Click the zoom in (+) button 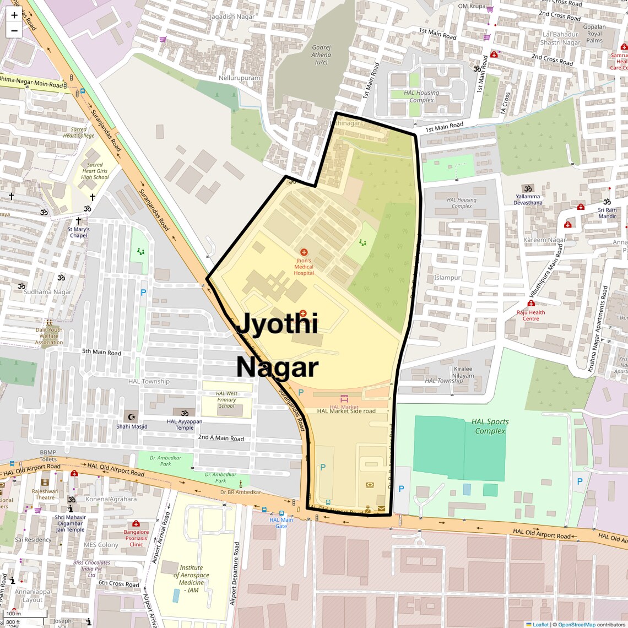point(14,15)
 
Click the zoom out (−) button point(14,30)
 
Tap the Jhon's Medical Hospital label point(304,267)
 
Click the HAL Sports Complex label point(490,426)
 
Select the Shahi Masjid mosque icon point(131,414)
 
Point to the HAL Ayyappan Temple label point(185,424)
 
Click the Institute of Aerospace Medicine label point(191,578)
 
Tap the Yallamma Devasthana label point(528,199)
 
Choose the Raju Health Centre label point(531,315)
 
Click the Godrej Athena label point(321,55)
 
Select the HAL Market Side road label point(346,411)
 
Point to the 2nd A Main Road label point(221,438)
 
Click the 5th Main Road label point(101,352)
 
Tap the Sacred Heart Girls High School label point(95,171)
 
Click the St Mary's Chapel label point(78,232)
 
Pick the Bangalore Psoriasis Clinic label point(136,538)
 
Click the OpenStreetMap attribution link point(576,624)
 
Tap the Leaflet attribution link point(540,624)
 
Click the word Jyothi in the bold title point(277,323)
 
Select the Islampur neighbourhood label point(447,278)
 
